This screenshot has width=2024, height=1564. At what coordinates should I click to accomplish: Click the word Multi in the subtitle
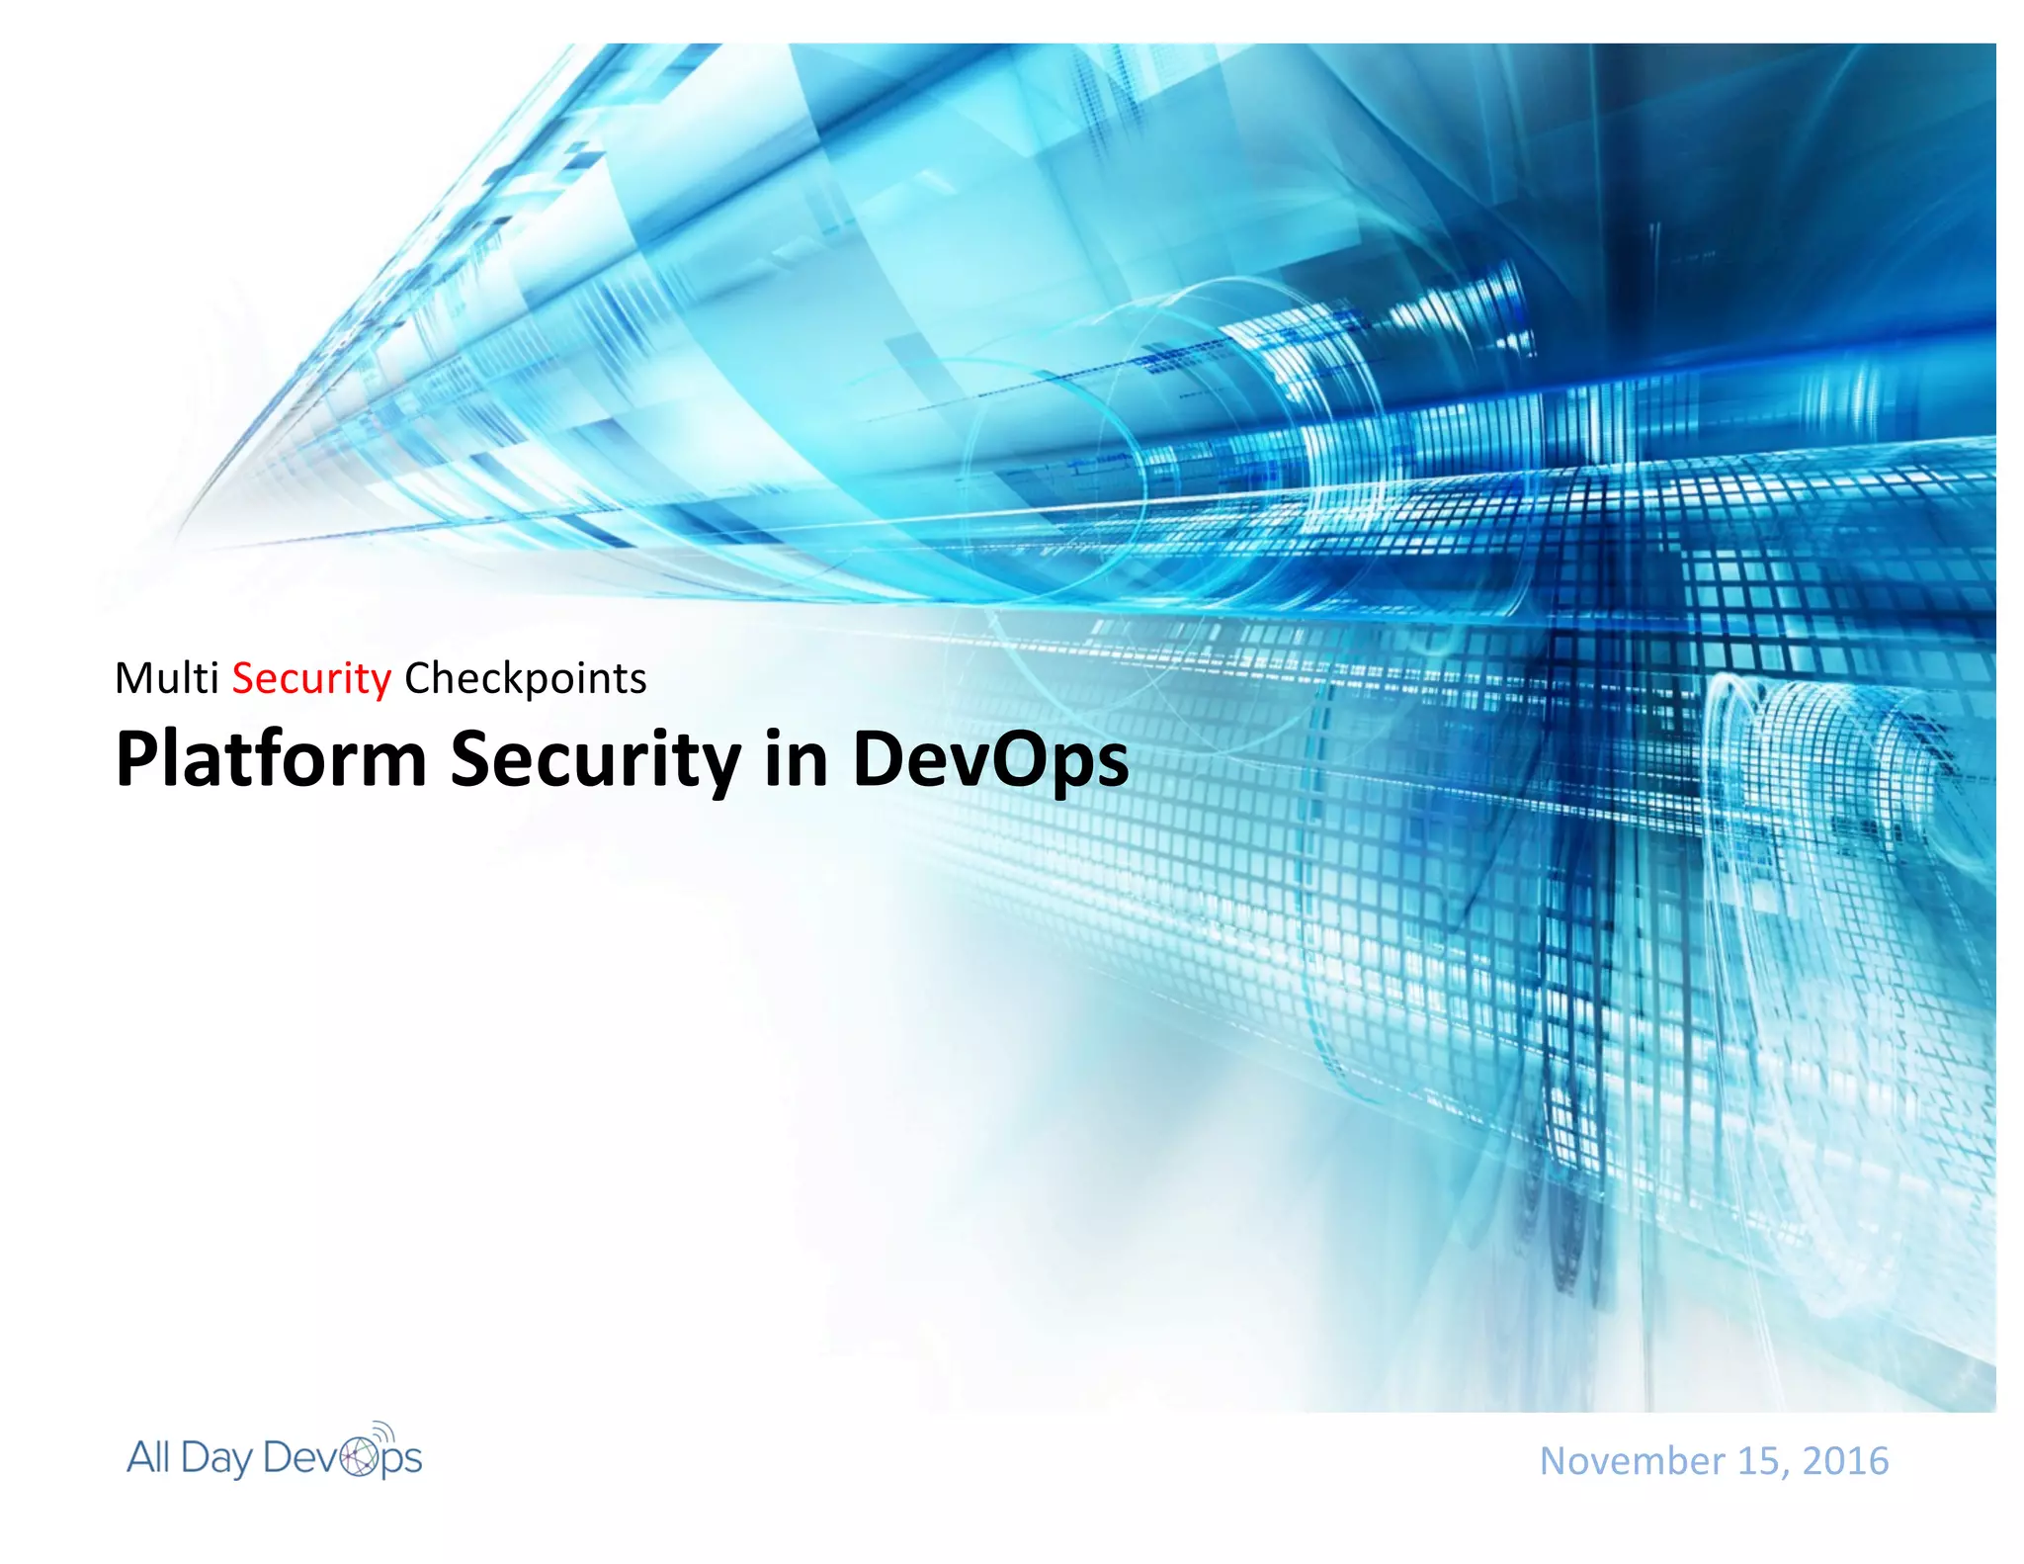166,678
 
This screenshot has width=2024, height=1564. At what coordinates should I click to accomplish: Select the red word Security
311,679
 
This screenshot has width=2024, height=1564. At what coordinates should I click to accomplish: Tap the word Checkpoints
525,679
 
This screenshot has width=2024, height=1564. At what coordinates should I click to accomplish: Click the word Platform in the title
271,759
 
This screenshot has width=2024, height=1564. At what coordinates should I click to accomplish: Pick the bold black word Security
595,759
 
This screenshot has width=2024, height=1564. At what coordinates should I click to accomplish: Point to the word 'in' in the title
796,759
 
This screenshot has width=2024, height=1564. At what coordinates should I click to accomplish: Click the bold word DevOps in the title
989,759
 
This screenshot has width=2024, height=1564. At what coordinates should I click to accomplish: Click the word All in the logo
148,1457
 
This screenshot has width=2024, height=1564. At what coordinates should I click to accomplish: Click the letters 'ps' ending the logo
401,1460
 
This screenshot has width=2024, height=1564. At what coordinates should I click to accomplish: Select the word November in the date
1632,1461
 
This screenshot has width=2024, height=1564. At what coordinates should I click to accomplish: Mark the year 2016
1845,1461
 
